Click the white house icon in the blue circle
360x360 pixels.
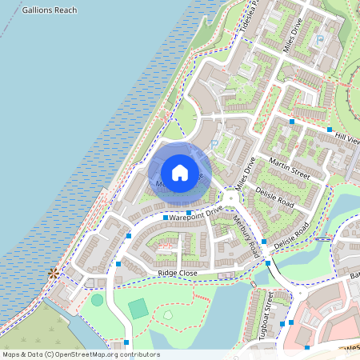tap(180, 172)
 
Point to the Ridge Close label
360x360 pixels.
tap(178, 273)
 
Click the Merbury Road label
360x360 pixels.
tap(246, 235)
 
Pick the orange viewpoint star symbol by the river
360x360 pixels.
tap(54, 274)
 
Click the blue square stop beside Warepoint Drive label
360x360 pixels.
tap(166, 218)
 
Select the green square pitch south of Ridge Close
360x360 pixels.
tap(138, 308)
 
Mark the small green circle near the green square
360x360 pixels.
tap(97, 300)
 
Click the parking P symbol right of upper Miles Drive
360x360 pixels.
tap(320, 38)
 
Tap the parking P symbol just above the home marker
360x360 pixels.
tap(216, 144)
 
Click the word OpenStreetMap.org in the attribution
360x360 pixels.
tap(99, 354)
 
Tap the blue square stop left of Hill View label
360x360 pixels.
tap(292, 122)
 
